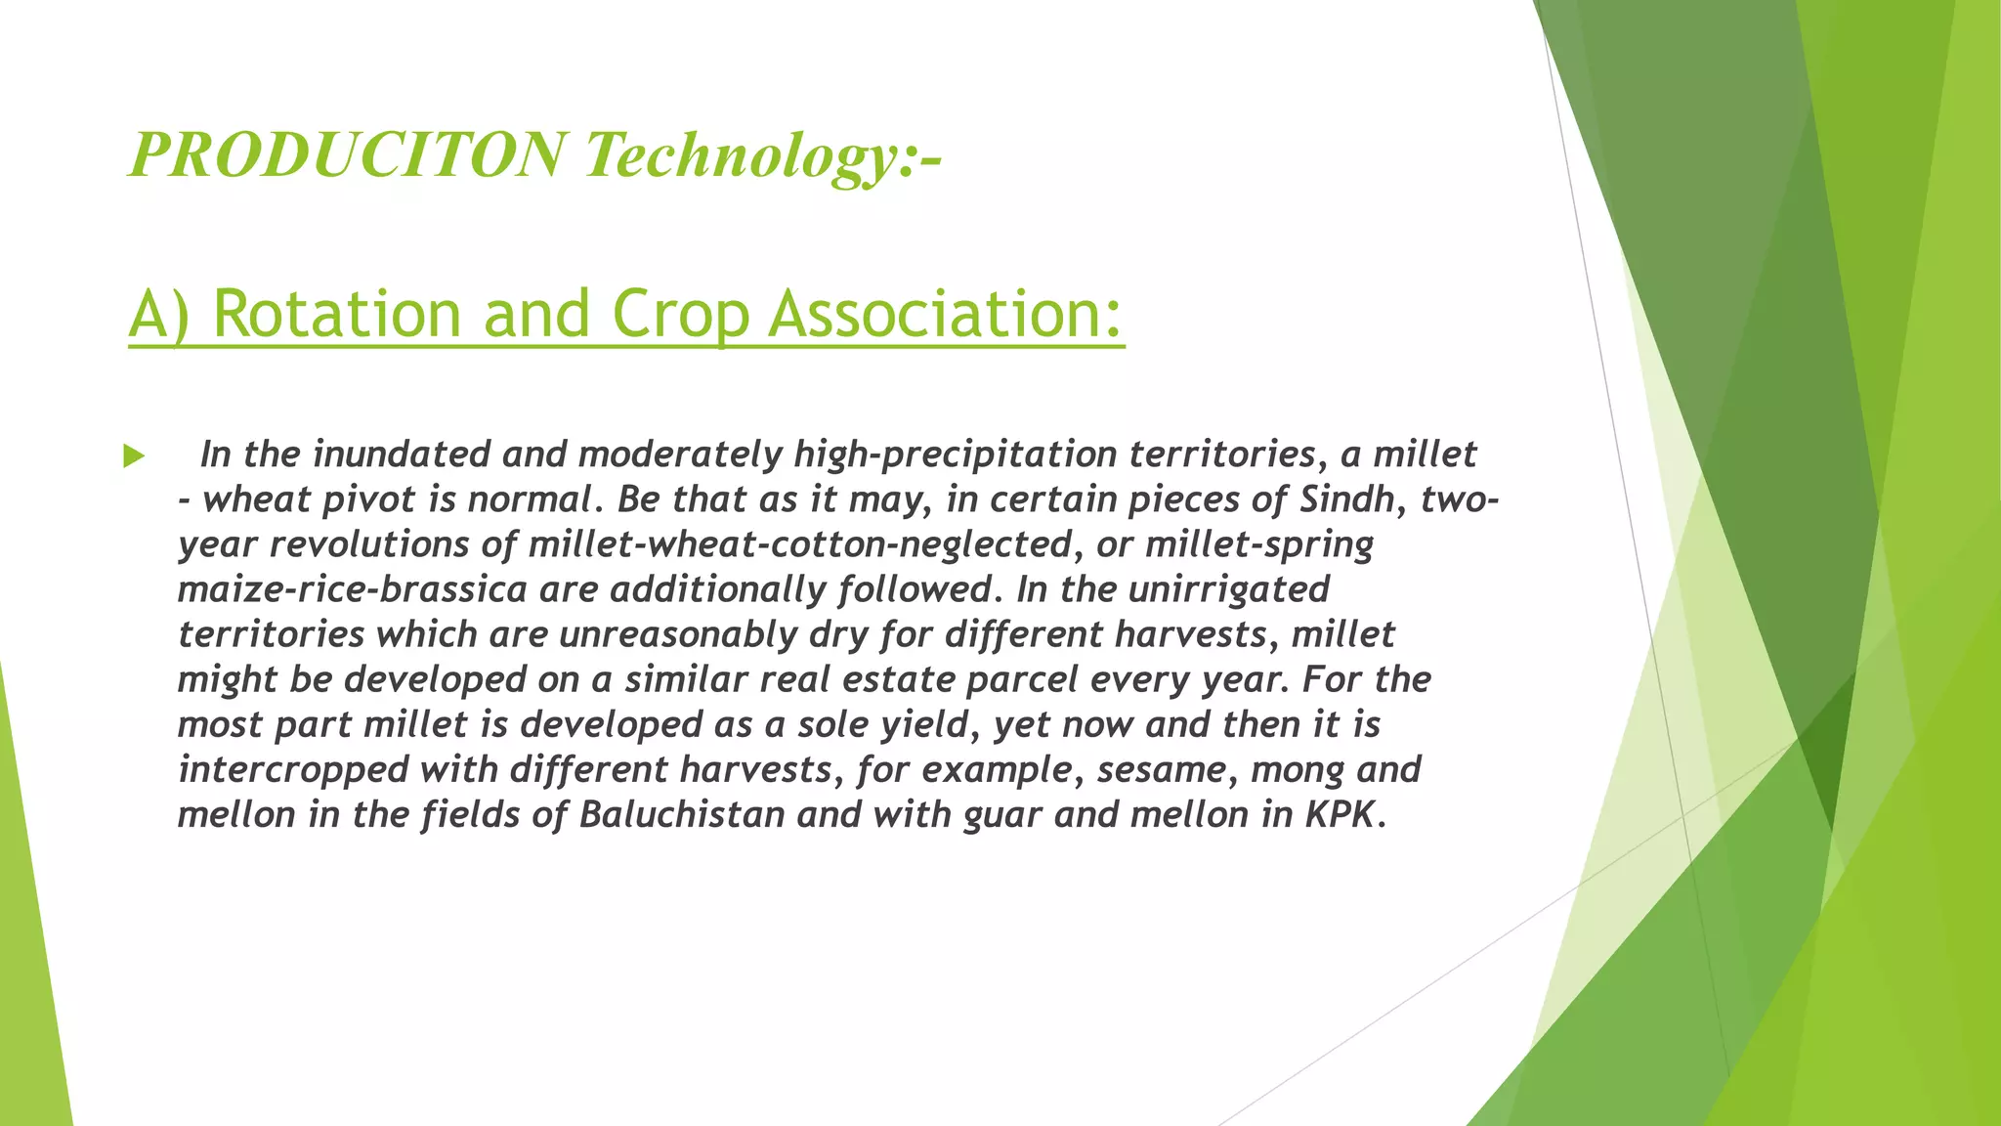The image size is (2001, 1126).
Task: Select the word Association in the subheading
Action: pyautogui.click(x=945, y=315)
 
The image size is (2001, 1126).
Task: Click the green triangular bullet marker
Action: pyautogui.click(x=134, y=456)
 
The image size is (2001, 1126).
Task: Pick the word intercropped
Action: pyautogui.click(x=293, y=769)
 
